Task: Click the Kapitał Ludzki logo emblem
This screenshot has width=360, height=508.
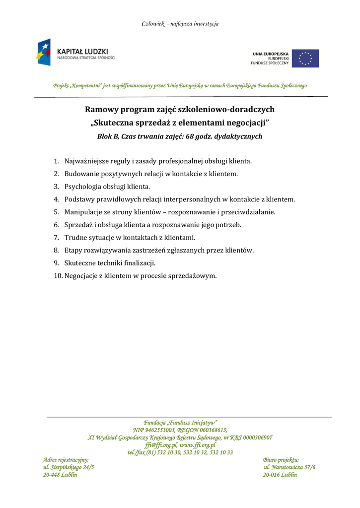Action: (43, 52)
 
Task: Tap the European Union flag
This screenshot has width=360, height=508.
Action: (305, 59)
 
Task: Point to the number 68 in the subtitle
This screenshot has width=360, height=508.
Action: (190, 136)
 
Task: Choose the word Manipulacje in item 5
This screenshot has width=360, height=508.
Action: (84, 212)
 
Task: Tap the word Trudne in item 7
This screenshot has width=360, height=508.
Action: (75, 238)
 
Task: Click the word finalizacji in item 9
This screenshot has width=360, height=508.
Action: (139, 263)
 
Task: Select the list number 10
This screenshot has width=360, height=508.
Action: (58, 276)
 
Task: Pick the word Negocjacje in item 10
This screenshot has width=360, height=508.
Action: (82, 276)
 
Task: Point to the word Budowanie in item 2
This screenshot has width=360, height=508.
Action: (81, 174)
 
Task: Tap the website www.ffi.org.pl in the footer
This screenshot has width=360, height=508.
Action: (198, 445)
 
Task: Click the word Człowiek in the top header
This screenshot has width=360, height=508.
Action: (153, 24)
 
